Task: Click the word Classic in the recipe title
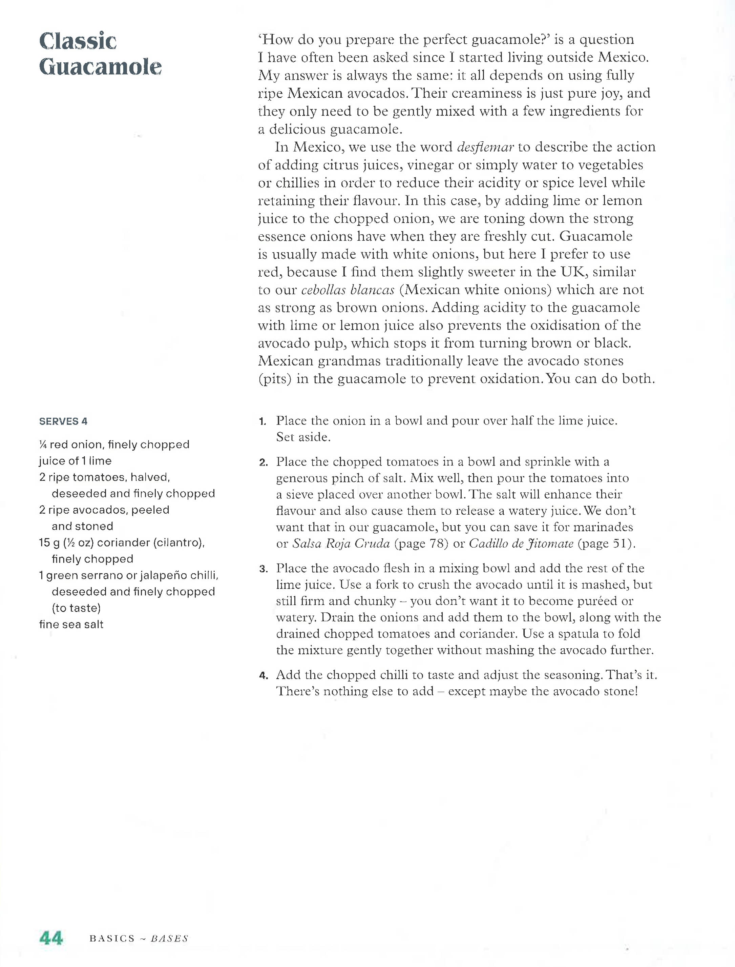[x=78, y=41]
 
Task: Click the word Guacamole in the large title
[x=100, y=67]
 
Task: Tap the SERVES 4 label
[x=63, y=421]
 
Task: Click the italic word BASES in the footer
[x=169, y=939]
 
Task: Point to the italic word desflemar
[x=485, y=147]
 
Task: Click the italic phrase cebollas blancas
[x=348, y=290]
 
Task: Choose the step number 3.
[x=262, y=569]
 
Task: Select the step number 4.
[x=262, y=676]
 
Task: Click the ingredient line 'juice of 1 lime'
[x=75, y=461]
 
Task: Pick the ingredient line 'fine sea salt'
[x=71, y=625]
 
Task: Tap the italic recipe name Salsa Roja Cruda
[x=341, y=544]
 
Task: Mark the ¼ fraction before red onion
[x=43, y=445]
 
